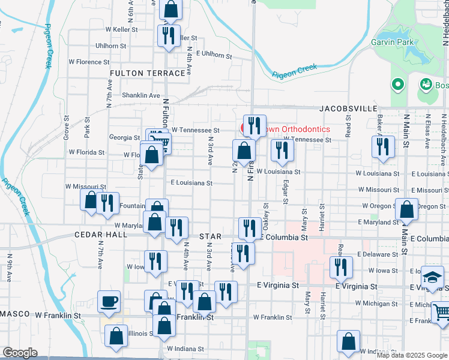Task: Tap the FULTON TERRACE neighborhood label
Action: [148, 73]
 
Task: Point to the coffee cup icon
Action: [109, 301]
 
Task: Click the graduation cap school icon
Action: [432, 277]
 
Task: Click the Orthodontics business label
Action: [294, 129]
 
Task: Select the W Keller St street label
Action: [121, 29]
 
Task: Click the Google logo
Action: [20, 353]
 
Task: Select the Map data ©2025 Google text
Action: [412, 355]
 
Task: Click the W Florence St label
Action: [88, 62]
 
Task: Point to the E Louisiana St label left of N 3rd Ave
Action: [191, 182]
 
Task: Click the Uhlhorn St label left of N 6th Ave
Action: [110, 46]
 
